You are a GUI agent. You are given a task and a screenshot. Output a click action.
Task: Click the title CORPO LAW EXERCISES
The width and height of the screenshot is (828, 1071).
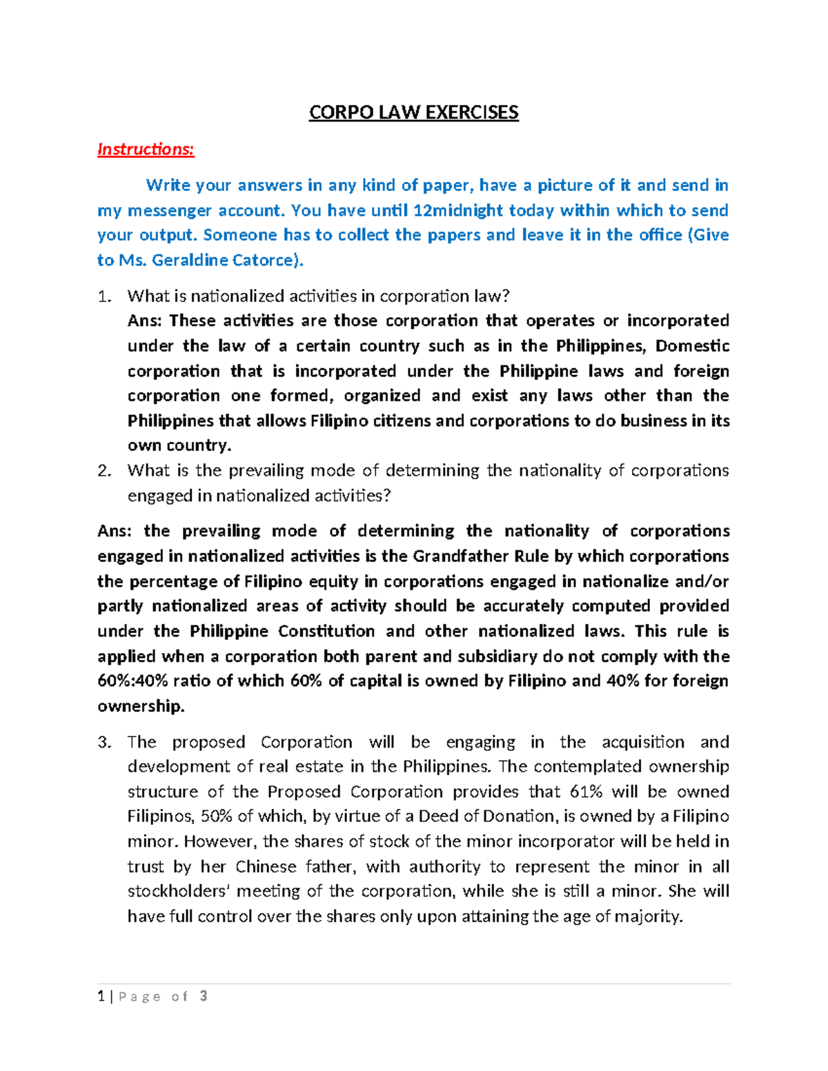[x=413, y=112]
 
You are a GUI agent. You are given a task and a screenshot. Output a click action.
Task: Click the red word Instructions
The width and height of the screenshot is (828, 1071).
[x=145, y=149]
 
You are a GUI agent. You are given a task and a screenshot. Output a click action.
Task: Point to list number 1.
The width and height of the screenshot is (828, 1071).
[x=103, y=297]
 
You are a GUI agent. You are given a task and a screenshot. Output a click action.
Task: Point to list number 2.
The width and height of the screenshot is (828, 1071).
[x=103, y=471]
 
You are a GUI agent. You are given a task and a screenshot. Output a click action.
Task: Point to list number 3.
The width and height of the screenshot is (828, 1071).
[x=103, y=742]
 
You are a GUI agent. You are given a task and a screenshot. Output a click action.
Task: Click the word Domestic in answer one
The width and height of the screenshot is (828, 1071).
[x=692, y=346]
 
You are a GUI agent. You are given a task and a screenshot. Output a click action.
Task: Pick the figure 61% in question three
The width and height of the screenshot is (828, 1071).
[x=586, y=792]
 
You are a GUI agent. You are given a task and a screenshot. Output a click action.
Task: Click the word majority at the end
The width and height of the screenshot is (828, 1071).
[x=647, y=917]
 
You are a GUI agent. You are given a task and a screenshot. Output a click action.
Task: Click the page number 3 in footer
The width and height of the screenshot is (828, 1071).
[x=204, y=996]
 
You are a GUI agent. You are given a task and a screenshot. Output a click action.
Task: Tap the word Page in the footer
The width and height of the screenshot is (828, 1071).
[x=140, y=997]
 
